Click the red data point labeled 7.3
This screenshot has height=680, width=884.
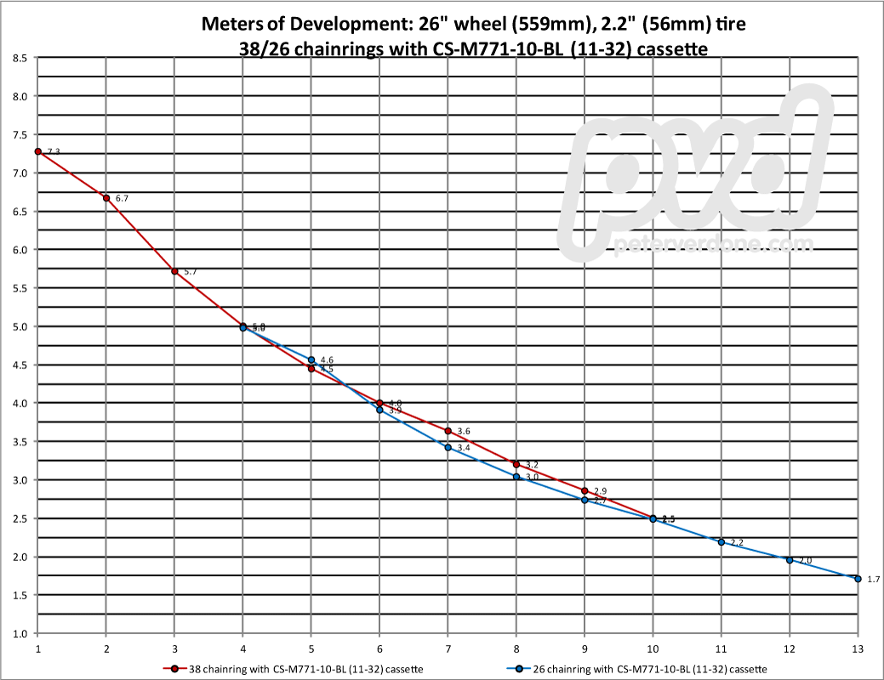tap(38, 151)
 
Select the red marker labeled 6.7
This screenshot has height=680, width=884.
tap(106, 198)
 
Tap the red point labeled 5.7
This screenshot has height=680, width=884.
tap(174, 271)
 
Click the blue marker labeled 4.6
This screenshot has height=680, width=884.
tap(311, 360)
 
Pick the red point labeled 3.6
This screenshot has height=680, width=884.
tap(448, 431)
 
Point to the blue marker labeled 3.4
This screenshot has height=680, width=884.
tap(448, 447)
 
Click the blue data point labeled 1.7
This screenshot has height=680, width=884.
tap(858, 579)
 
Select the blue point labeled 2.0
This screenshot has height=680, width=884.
tap(790, 560)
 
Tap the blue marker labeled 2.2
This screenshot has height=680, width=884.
tap(721, 542)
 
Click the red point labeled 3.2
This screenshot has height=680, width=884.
tap(516, 464)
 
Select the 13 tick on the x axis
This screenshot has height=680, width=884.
tap(858, 646)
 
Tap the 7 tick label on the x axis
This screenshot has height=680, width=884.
tap(448, 646)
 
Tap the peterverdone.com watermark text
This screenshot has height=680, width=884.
tap(713, 246)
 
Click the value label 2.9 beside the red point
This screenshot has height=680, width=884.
tap(600, 491)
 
